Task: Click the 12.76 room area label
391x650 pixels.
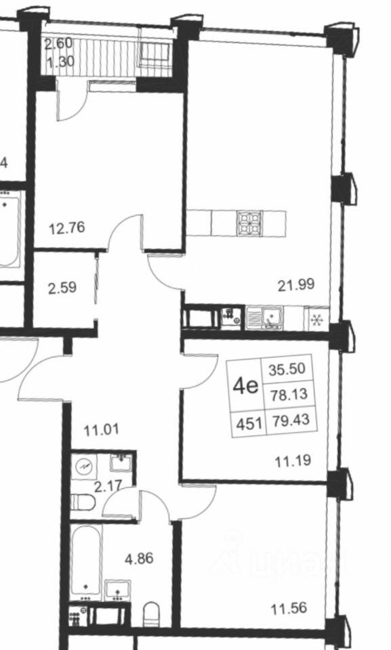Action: pyautogui.click(x=67, y=227)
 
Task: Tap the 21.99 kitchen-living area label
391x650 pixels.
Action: pyautogui.click(x=296, y=285)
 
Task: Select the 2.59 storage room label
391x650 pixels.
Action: pyautogui.click(x=62, y=288)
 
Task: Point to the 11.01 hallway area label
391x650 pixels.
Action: pyautogui.click(x=101, y=430)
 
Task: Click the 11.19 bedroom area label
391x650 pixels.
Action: pyautogui.click(x=293, y=460)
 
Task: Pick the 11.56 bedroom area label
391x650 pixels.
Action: pyautogui.click(x=289, y=608)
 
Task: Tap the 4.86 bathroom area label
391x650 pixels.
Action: pyautogui.click(x=139, y=559)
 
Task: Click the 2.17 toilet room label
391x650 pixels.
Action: pyautogui.click(x=108, y=485)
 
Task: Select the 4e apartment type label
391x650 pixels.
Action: pyautogui.click(x=245, y=387)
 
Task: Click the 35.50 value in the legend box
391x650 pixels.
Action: pyautogui.click(x=287, y=369)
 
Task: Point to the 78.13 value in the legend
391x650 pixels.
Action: pyautogui.click(x=289, y=394)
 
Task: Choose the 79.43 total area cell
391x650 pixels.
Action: pyautogui.click(x=291, y=420)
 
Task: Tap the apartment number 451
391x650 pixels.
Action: pyautogui.click(x=249, y=424)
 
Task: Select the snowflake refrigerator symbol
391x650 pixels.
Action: pyautogui.click(x=316, y=320)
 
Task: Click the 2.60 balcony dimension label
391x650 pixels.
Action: pyautogui.click(x=58, y=43)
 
